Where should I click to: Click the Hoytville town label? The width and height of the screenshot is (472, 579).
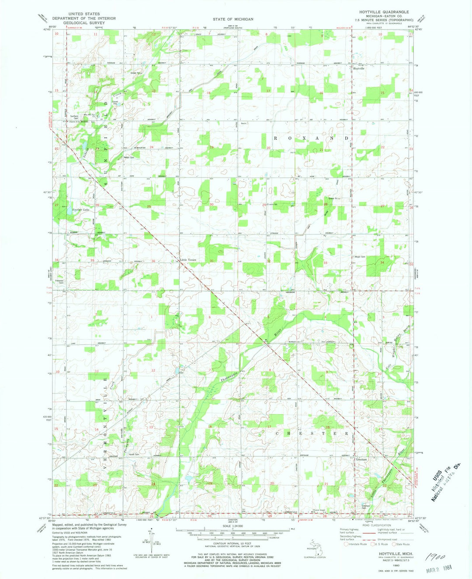click(x=359, y=69)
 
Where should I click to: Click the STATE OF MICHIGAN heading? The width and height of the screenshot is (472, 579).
click(x=233, y=19)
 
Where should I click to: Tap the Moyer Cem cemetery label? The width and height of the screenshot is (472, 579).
click(x=360, y=257)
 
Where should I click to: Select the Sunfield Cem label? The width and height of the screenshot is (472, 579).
click(x=74, y=117)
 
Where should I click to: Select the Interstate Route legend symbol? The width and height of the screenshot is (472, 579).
click(x=347, y=544)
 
